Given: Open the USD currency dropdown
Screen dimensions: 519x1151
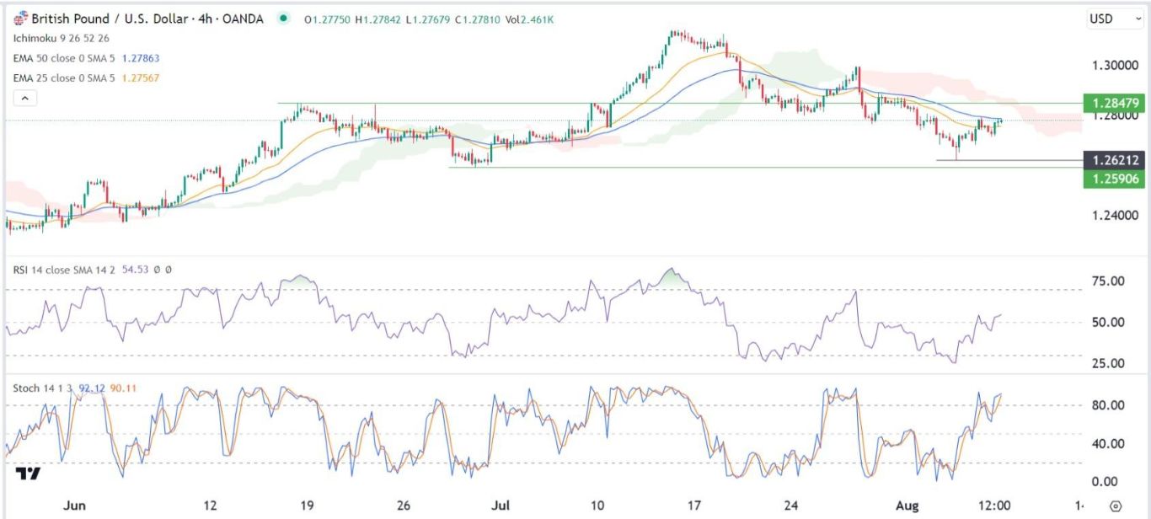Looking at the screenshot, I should [1106, 19].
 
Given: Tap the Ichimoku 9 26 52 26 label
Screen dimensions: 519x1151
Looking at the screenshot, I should [62, 38].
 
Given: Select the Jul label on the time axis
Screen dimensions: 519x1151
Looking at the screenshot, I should [501, 506].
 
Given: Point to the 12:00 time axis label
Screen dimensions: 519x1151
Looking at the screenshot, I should [994, 506].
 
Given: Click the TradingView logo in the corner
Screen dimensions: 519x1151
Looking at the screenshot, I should [28, 474].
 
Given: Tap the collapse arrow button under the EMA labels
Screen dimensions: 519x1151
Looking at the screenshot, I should [25, 99].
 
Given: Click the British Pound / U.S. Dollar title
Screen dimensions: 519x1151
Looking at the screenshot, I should [88, 19].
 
